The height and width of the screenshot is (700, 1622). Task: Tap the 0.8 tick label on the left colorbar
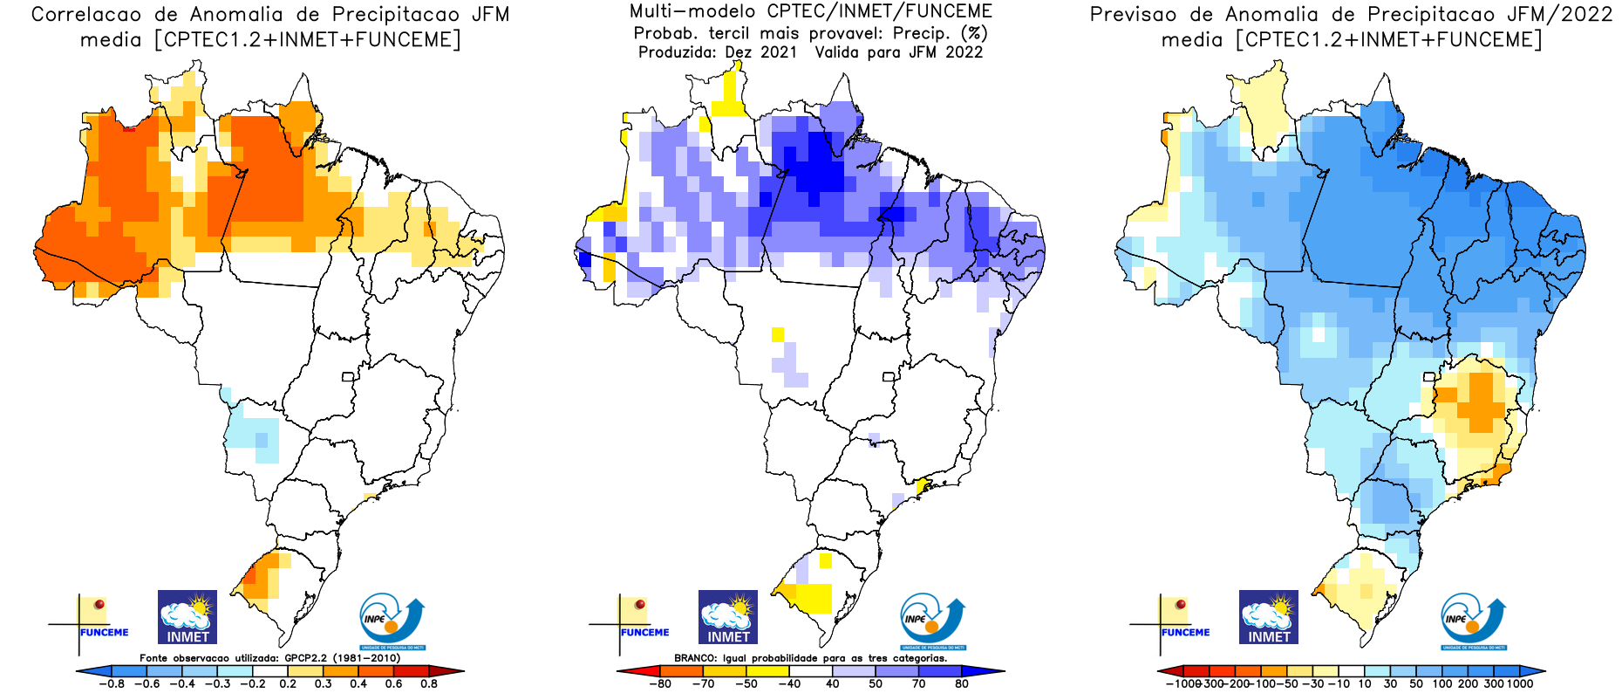(x=429, y=684)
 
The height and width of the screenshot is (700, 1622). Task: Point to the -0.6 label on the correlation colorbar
(x=147, y=684)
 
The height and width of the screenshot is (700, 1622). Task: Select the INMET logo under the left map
(x=187, y=616)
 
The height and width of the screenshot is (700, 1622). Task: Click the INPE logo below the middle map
(x=932, y=621)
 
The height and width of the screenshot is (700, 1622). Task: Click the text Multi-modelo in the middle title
(x=692, y=12)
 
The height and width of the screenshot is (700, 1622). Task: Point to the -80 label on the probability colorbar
(x=660, y=684)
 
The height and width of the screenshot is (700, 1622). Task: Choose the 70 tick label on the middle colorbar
(x=918, y=684)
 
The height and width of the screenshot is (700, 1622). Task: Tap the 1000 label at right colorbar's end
(x=1519, y=684)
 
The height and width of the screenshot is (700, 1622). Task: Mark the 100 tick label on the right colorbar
(x=1442, y=684)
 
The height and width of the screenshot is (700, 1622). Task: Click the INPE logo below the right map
(x=1473, y=621)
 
